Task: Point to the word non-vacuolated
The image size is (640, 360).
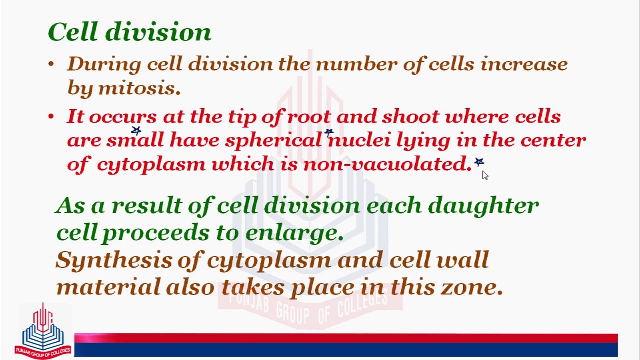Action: coord(386,164)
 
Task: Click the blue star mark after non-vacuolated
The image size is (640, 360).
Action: coord(479,162)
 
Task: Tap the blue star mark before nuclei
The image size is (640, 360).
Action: coord(328,133)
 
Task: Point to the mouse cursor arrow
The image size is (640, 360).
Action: coord(484,174)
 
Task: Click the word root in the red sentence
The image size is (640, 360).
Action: coord(308,117)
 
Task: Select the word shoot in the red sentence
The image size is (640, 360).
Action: coord(410,117)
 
